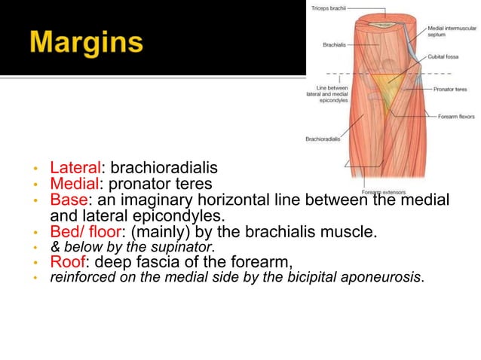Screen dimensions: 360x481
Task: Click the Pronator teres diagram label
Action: point(450,89)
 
